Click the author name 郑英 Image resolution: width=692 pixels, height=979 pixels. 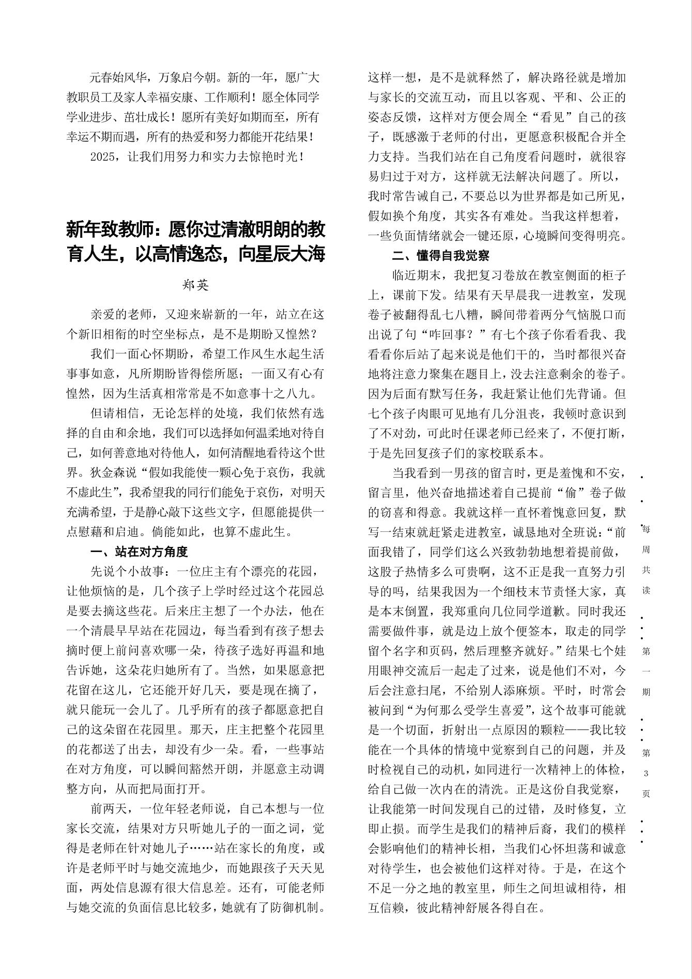195,285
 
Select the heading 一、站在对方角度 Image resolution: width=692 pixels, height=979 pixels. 139,552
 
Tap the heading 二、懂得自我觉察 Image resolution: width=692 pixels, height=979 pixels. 440,255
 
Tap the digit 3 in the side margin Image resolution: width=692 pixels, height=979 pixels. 646,773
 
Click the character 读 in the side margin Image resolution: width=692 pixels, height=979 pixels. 646,590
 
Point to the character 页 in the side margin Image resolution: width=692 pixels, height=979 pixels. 646,793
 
